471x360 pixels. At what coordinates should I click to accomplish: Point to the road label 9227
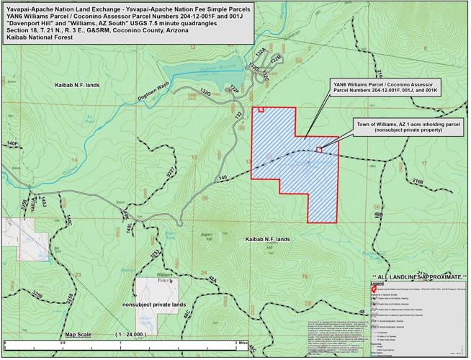point(171,174)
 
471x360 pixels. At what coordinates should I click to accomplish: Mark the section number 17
point(424,163)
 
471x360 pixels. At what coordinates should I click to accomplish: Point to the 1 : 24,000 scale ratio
point(131,335)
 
